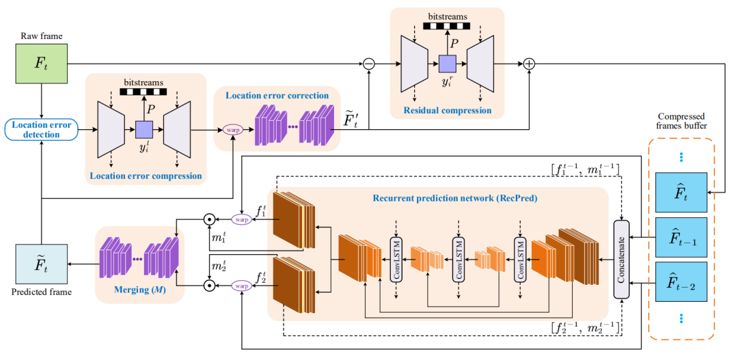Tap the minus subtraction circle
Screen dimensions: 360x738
[369, 64]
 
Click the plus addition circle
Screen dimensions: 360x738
[529, 64]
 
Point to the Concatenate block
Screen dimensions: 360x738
[621, 259]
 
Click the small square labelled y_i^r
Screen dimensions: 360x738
[447, 65]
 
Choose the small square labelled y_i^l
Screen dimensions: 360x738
[144, 128]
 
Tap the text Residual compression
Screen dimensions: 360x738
[447, 109]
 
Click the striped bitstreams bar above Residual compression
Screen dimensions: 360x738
[447, 26]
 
